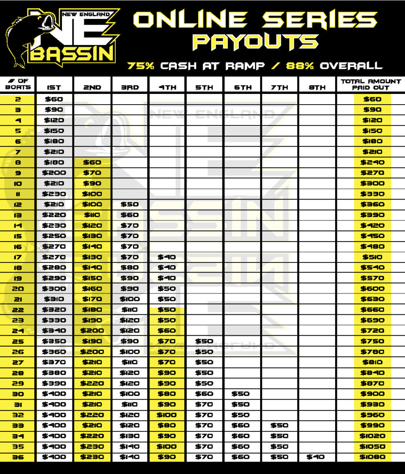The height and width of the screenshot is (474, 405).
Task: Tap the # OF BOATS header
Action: (x=18, y=84)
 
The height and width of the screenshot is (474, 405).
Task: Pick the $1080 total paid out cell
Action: (x=372, y=457)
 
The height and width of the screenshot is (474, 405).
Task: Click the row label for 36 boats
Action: (x=18, y=457)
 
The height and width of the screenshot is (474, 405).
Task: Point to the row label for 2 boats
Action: (x=18, y=99)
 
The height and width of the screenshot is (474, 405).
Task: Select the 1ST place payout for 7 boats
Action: (x=54, y=152)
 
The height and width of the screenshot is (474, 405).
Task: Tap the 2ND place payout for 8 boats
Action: (x=92, y=162)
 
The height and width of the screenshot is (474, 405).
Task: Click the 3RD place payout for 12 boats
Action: (x=130, y=205)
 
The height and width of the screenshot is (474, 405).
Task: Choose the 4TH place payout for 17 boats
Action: (x=167, y=257)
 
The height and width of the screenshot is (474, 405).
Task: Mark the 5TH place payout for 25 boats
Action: (x=204, y=341)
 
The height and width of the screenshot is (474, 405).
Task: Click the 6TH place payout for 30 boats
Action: (x=242, y=394)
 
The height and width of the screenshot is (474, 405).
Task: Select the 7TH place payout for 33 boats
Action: (x=279, y=425)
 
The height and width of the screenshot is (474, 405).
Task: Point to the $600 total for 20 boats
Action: (x=372, y=288)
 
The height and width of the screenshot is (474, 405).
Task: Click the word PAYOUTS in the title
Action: (x=255, y=42)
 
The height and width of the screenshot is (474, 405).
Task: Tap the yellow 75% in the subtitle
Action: (x=141, y=66)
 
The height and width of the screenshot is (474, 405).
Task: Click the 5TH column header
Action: (x=204, y=87)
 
